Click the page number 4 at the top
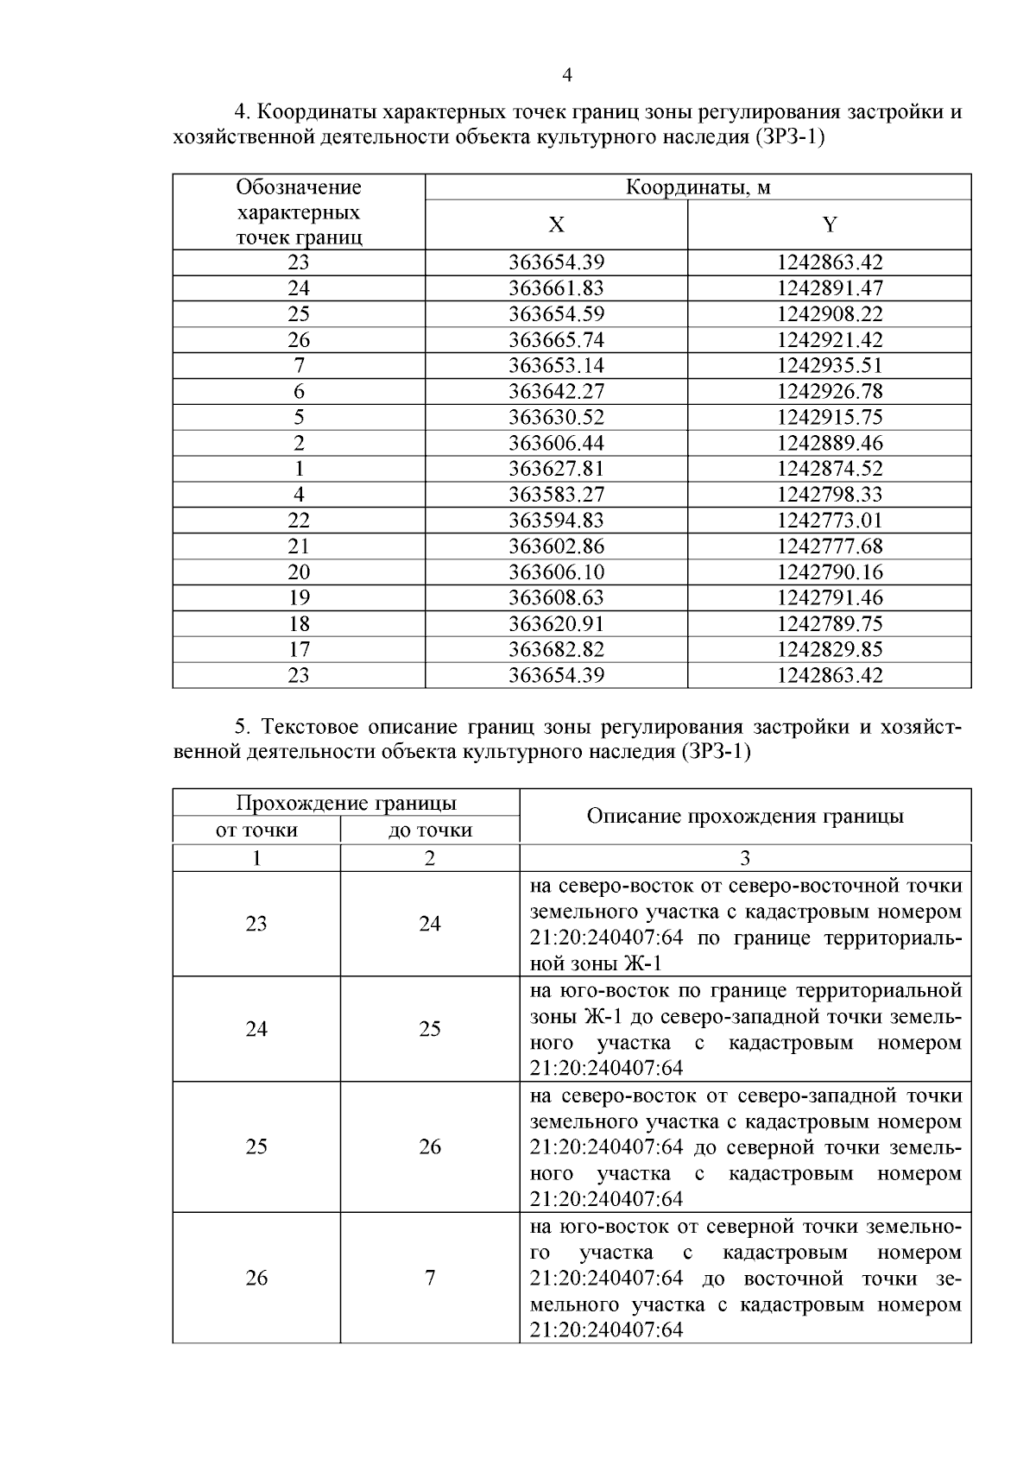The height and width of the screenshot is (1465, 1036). click(567, 75)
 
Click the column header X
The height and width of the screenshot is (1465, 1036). click(557, 225)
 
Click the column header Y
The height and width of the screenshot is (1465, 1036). click(830, 225)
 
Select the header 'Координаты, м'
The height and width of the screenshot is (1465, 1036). click(698, 187)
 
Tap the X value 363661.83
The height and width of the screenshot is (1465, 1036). click(557, 288)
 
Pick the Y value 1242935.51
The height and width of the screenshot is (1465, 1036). click(830, 365)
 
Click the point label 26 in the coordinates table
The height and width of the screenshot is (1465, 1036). click(299, 340)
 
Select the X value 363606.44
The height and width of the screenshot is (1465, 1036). click(557, 443)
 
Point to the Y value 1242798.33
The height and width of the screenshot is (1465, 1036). click(830, 495)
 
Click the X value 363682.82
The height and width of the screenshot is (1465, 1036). click(557, 649)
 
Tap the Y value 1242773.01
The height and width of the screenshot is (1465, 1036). click(830, 521)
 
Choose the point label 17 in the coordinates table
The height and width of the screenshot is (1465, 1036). click(299, 649)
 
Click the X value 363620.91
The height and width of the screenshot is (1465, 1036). click(557, 623)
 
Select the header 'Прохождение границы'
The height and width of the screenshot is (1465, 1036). click(346, 803)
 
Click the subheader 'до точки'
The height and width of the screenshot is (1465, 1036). click(430, 830)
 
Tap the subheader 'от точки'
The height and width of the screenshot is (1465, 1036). click(256, 830)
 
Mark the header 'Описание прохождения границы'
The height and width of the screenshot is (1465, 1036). click(745, 816)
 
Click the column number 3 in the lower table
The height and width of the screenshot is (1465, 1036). click(745, 858)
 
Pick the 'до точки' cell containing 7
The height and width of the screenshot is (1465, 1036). click(430, 1278)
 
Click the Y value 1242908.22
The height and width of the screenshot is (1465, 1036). click(830, 314)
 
